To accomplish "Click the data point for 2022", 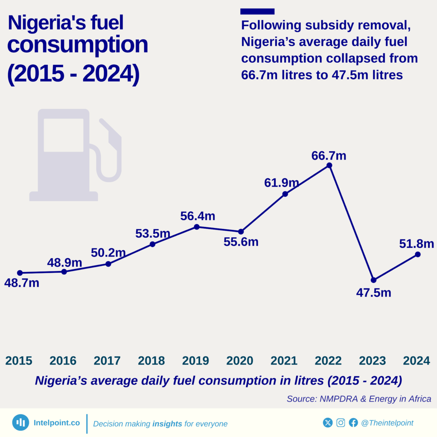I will (x=329, y=165).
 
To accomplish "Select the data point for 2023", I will (x=373, y=280).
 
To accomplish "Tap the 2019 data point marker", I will (x=196, y=227).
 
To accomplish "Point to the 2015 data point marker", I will (x=20, y=273).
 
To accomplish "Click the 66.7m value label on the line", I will (x=329, y=156).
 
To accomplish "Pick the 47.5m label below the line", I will (x=374, y=293).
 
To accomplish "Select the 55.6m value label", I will (x=241, y=242).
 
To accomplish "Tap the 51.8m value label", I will (x=417, y=244).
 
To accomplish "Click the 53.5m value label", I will (x=153, y=234).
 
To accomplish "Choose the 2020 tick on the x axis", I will (x=240, y=361).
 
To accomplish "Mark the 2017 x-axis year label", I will (x=107, y=361).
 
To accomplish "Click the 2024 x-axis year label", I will (x=417, y=361).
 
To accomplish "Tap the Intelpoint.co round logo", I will (x=20, y=422).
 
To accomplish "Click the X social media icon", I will (x=328, y=422).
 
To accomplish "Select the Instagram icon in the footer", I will (x=341, y=422).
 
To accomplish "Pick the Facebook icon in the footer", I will (x=353, y=422).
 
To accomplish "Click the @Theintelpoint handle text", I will (x=387, y=423).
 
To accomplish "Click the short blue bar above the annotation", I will (x=257, y=12).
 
